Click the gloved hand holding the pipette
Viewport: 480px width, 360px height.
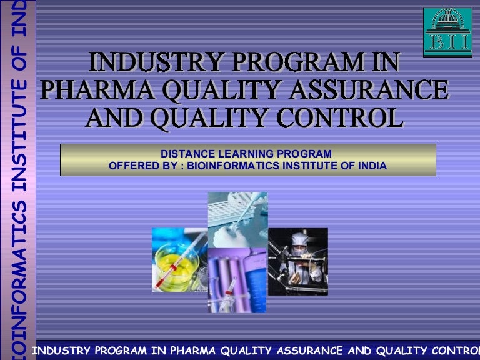[x=251, y=206]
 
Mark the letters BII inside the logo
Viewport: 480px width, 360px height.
[x=447, y=43]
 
